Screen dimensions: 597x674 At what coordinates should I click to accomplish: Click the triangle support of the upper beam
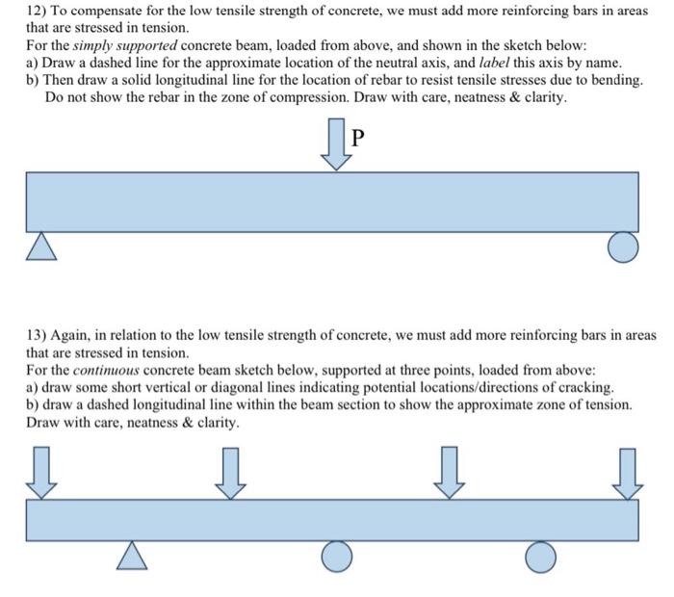point(39,248)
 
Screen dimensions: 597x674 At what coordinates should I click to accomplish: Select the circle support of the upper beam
point(623,248)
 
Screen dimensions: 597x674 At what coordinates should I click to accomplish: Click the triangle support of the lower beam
point(133,555)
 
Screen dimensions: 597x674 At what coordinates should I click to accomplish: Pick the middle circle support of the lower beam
point(336,556)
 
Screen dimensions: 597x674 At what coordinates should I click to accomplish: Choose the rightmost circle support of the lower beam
point(541,556)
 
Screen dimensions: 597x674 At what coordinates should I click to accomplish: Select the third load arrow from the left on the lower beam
point(448,473)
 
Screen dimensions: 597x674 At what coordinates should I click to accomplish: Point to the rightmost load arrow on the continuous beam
point(628,473)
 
